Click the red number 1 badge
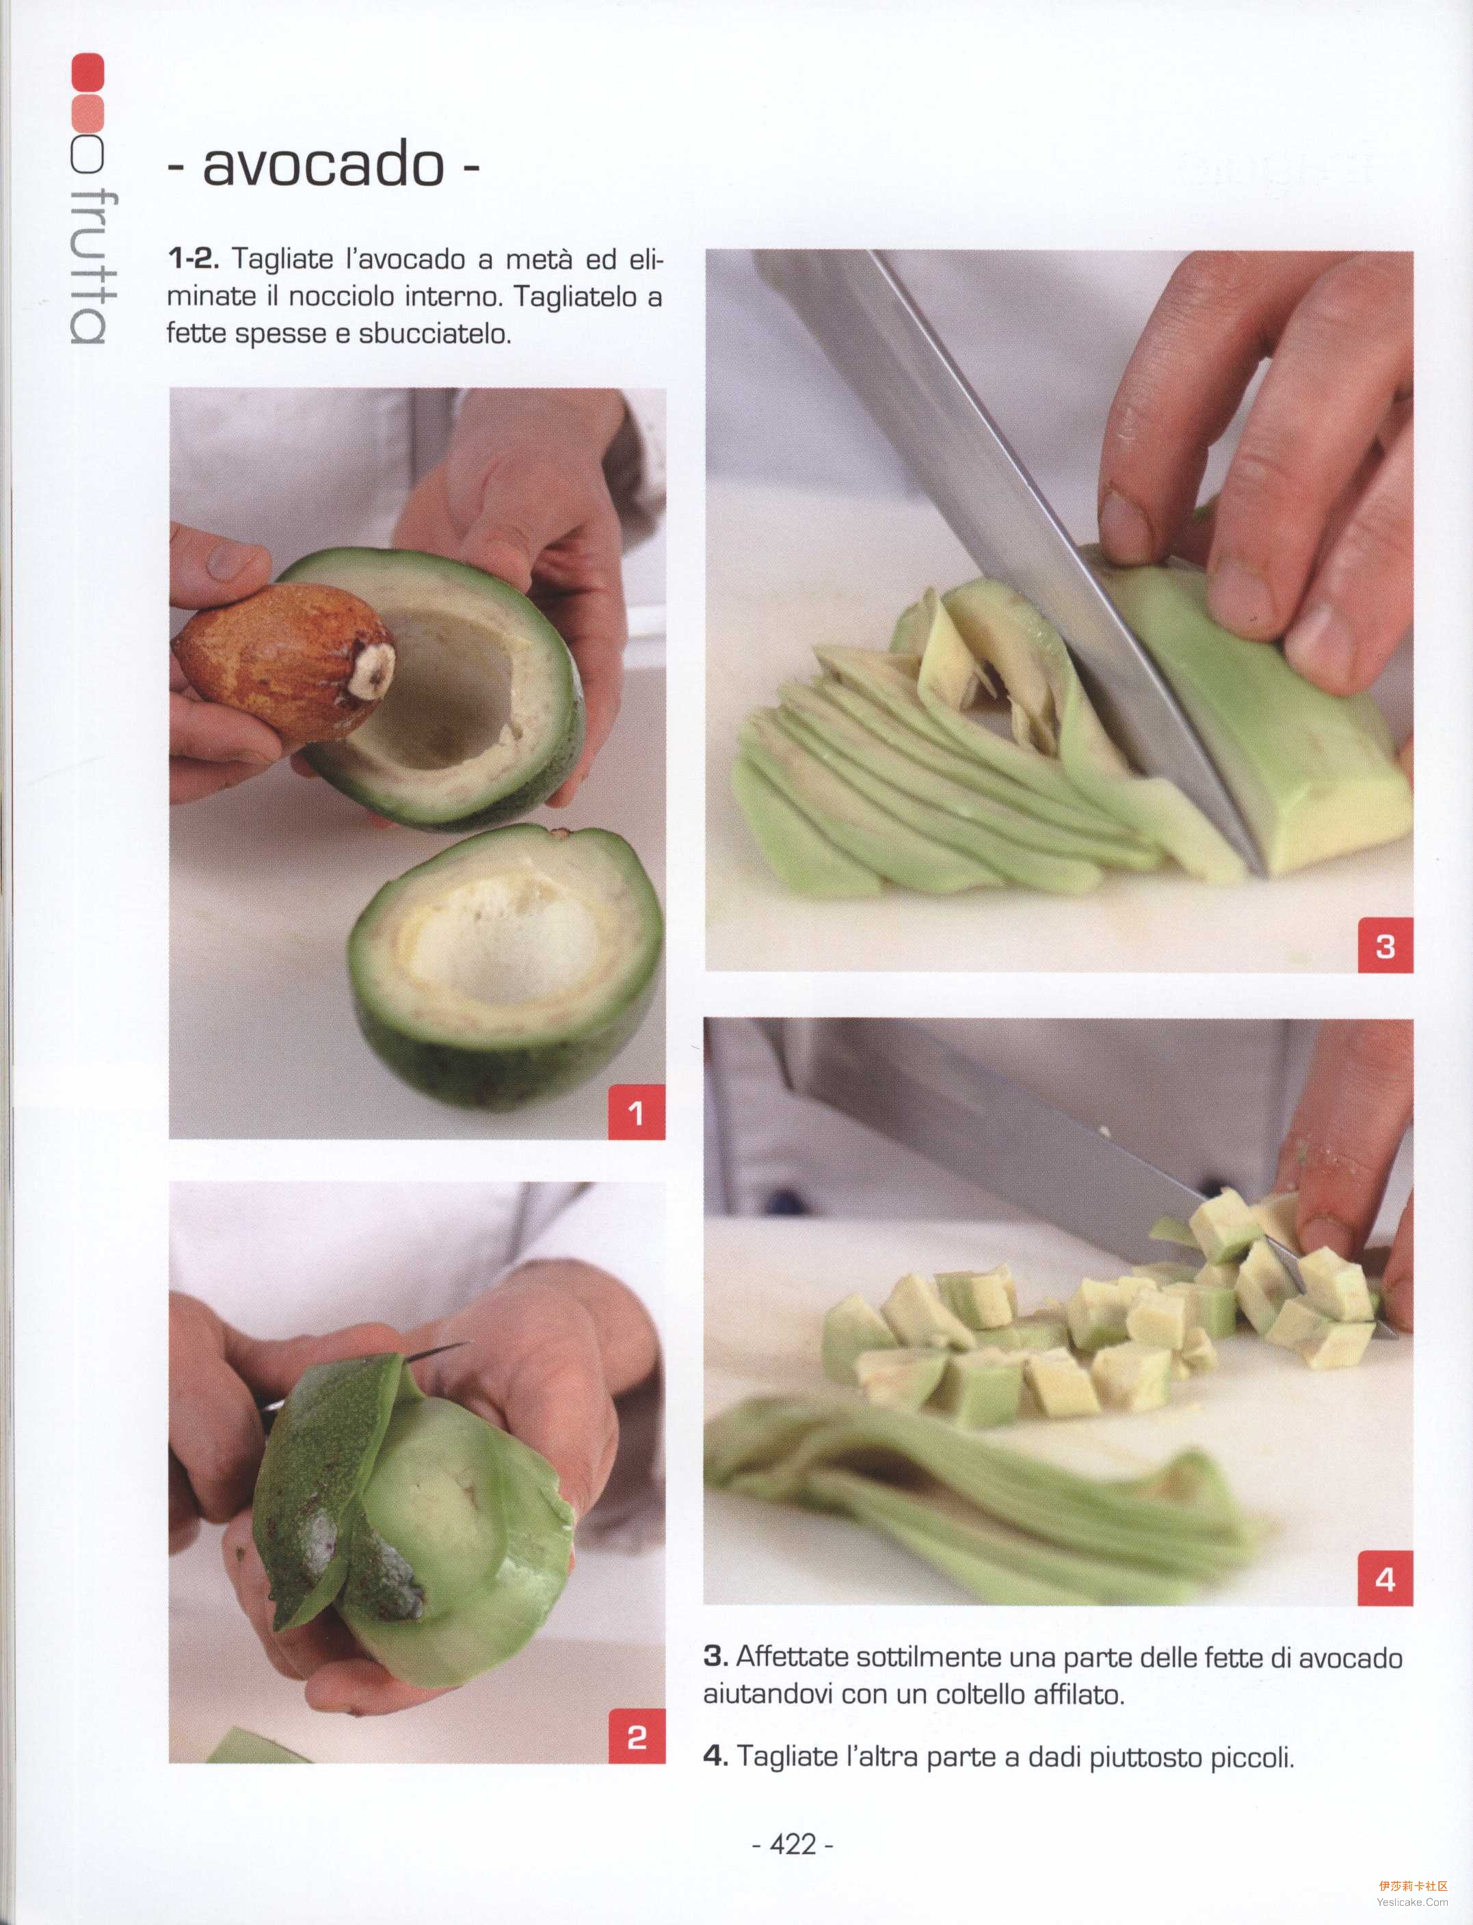[x=637, y=1112]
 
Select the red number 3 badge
[x=1385, y=945]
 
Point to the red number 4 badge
[x=1385, y=1578]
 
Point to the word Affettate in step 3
[x=793, y=1657]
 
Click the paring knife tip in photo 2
[x=466, y=1344]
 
